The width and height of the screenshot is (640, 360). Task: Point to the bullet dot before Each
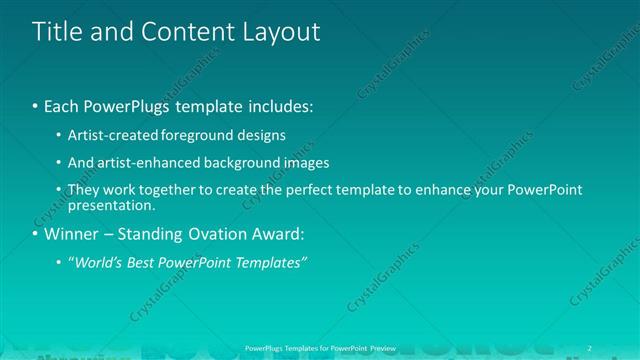pos(36,105)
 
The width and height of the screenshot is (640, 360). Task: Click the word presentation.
pos(111,206)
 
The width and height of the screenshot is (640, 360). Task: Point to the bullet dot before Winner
pos(36,235)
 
